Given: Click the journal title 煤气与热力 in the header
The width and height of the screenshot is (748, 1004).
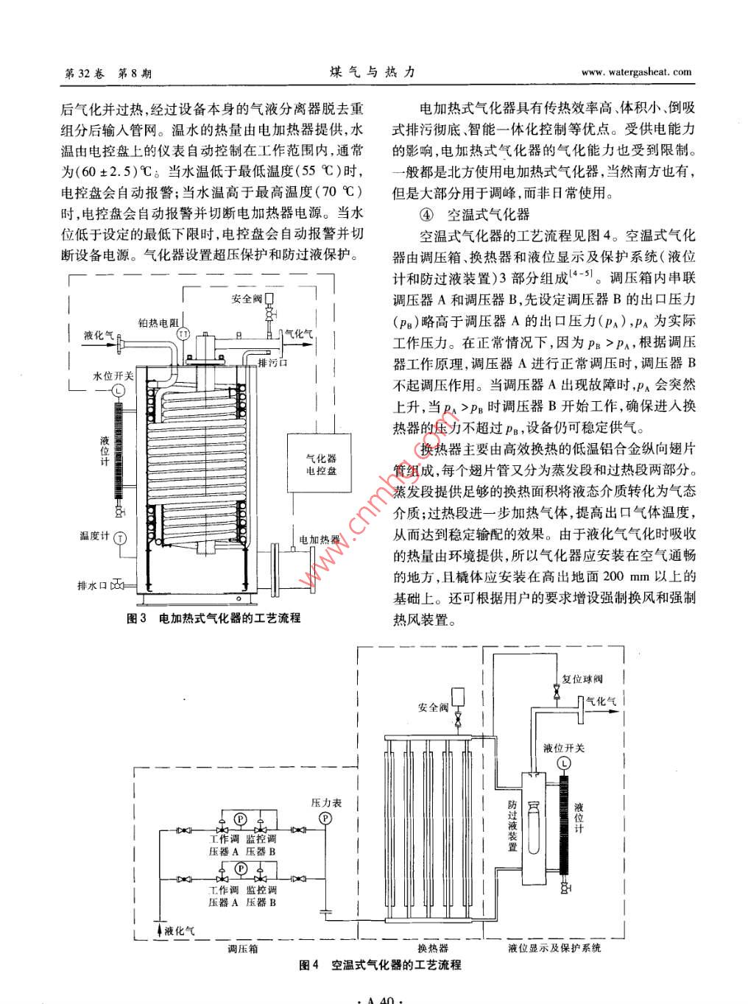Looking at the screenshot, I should coord(373,72).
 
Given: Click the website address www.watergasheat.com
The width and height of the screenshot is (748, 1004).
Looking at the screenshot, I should coord(636,72).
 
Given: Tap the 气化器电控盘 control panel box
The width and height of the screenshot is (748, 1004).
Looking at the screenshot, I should coord(321,464).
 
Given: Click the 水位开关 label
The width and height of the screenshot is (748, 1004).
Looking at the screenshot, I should coord(113,375).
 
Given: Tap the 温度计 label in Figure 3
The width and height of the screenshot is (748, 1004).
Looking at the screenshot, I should coord(94,535).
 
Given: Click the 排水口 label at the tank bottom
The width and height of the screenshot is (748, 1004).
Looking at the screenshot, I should coord(93,586).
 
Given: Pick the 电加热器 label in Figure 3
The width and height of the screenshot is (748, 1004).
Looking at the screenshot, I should coord(319,540).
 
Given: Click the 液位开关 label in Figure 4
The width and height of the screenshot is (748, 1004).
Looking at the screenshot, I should coord(564,748).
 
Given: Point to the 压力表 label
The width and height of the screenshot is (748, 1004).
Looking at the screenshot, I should coord(327,803).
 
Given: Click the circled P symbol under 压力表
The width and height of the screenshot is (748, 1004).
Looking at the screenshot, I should coord(325,819).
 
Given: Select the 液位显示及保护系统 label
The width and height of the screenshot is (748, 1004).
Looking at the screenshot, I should coord(554,948).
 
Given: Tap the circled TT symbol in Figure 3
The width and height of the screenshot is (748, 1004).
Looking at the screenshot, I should coord(184,335).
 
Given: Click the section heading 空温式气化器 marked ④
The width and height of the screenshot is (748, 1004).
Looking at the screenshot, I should coord(488,214).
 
